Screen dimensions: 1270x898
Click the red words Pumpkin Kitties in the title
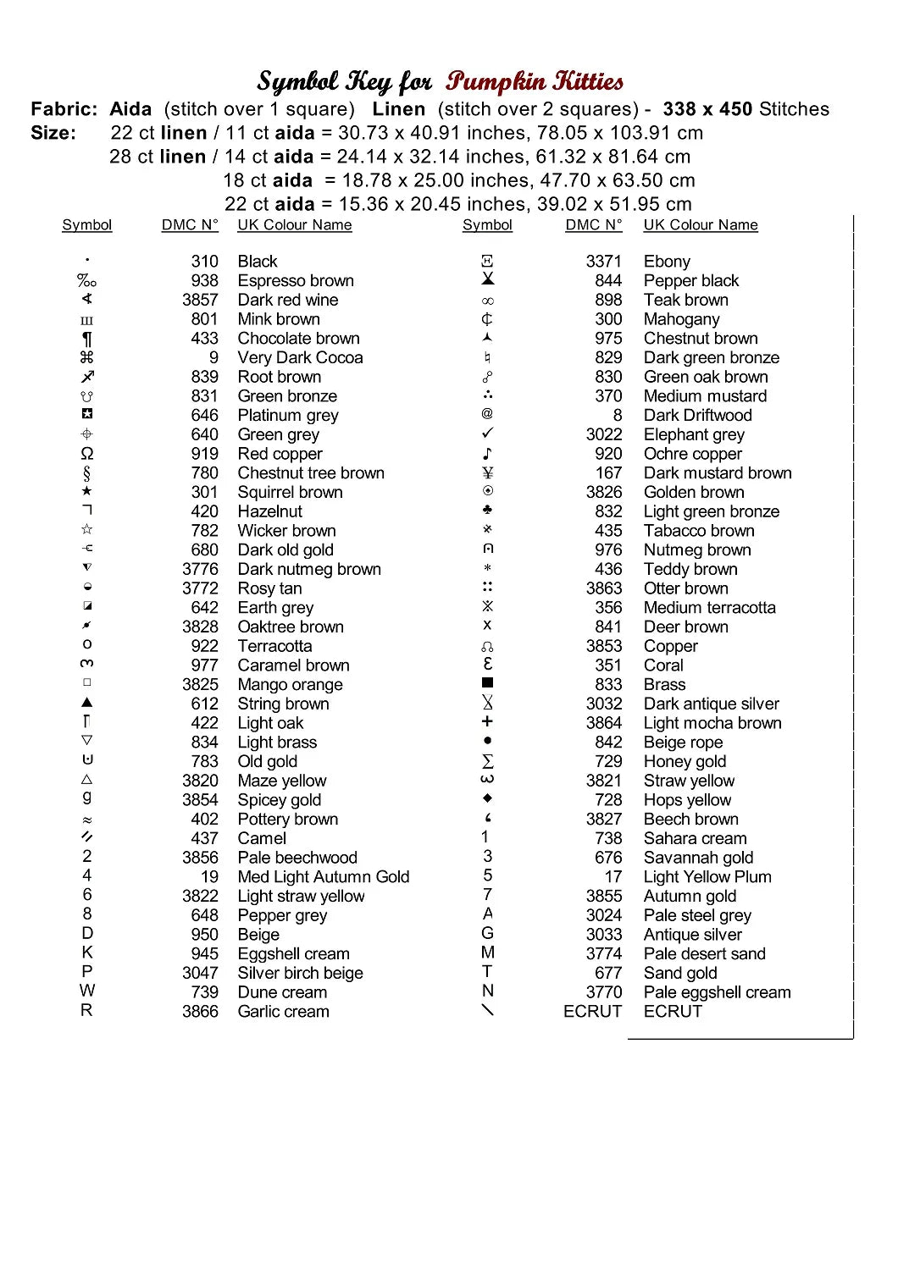tap(535, 81)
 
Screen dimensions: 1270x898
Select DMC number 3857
tap(200, 300)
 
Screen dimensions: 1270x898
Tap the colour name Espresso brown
tap(296, 280)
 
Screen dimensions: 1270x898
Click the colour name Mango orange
tap(290, 684)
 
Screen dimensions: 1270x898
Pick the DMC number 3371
tap(603, 262)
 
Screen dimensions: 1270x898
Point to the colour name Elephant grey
tap(694, 434)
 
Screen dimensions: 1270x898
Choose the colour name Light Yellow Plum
tap(707, 876)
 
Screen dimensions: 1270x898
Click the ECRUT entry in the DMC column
tap(592, 1011)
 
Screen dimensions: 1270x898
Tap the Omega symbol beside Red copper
tap(86, 454)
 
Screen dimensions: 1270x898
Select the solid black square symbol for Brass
tap(487, 682)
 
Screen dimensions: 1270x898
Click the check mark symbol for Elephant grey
tap(487, 433)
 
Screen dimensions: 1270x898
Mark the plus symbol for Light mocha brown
tap(487, 721)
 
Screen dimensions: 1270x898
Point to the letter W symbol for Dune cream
tap(87, 991)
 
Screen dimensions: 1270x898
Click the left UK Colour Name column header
tap(294, 224)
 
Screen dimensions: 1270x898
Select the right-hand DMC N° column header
tap(593, 224)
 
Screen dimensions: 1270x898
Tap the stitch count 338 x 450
tap(707, 109)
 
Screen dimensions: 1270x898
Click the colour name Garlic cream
tap(283, 1011)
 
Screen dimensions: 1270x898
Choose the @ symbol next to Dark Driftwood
tap(487, 414)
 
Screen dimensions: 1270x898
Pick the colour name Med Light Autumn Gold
tap(323, 876)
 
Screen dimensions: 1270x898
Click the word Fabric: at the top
tap(64, 109)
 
